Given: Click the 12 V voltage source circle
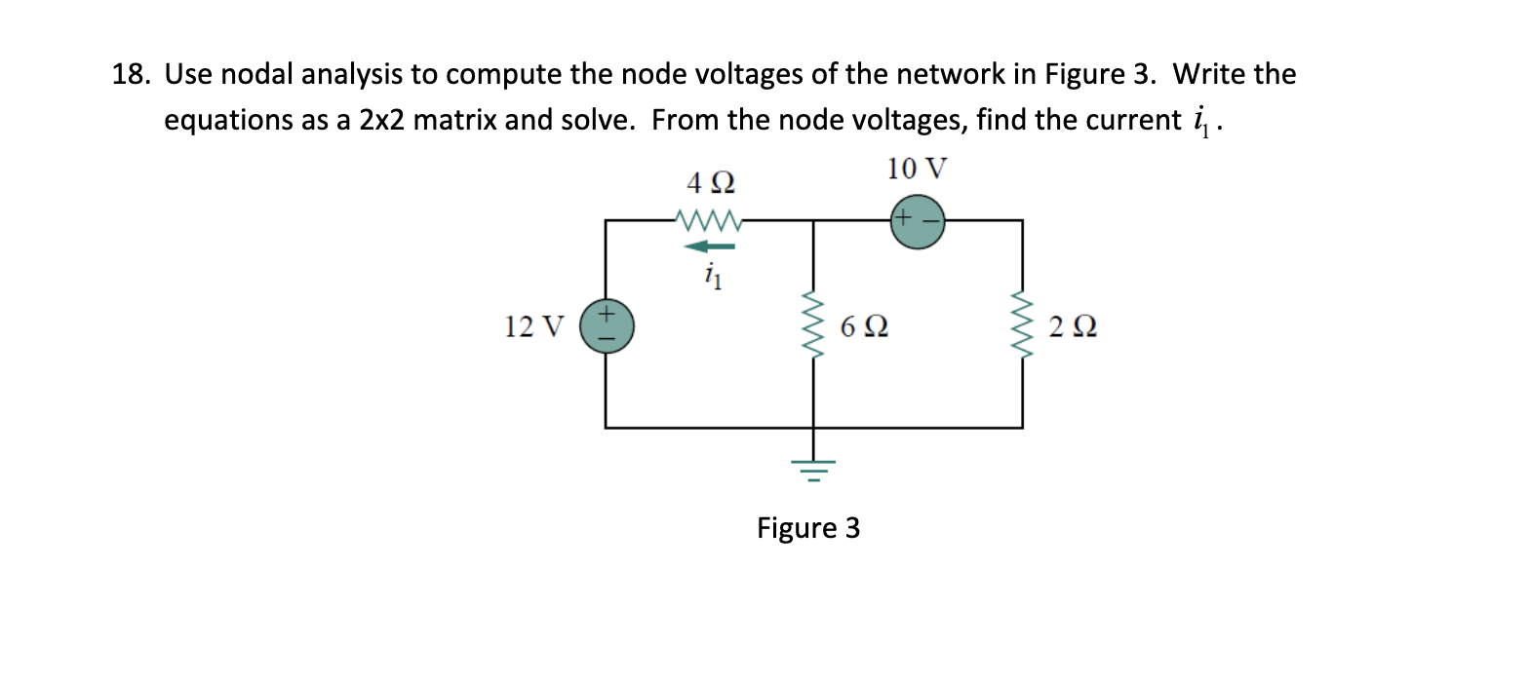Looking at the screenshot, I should coord(607,325).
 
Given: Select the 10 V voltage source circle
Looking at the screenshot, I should coord(918,221).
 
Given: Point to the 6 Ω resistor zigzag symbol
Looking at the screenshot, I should coord(812,325).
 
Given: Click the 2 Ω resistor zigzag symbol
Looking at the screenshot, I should coord(1022,325).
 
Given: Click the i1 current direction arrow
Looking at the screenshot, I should coord(710,247).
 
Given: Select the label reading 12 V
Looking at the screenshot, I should coord(533,326).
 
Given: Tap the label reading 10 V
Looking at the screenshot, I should coord(916,169).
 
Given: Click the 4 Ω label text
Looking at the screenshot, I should coord(710,183).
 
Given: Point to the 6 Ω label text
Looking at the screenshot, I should coord(863,326).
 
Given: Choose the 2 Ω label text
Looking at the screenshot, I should coord(1073,326).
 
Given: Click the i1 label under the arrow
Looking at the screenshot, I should coord(713,277).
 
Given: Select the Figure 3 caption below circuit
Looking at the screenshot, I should coord(808,528).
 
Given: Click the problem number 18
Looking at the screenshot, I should coord(129,74).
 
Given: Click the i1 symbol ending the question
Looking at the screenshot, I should coord(1201,120).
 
